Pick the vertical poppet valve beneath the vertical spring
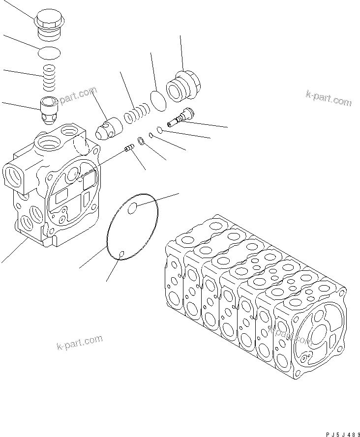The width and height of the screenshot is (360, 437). coord(50,111)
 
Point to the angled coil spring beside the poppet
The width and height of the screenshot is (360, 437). coord(137,115)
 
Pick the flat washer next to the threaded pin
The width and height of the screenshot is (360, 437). coord(141,142)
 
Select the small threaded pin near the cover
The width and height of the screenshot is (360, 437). coord(130,147)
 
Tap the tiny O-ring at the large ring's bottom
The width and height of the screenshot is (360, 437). coord(121,254)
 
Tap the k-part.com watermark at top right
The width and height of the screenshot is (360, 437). coord(329,98)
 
